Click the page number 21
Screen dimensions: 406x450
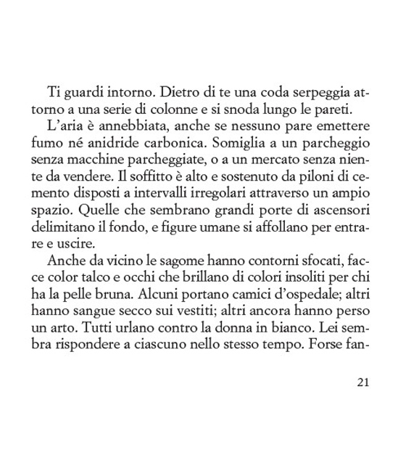[363, 382]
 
